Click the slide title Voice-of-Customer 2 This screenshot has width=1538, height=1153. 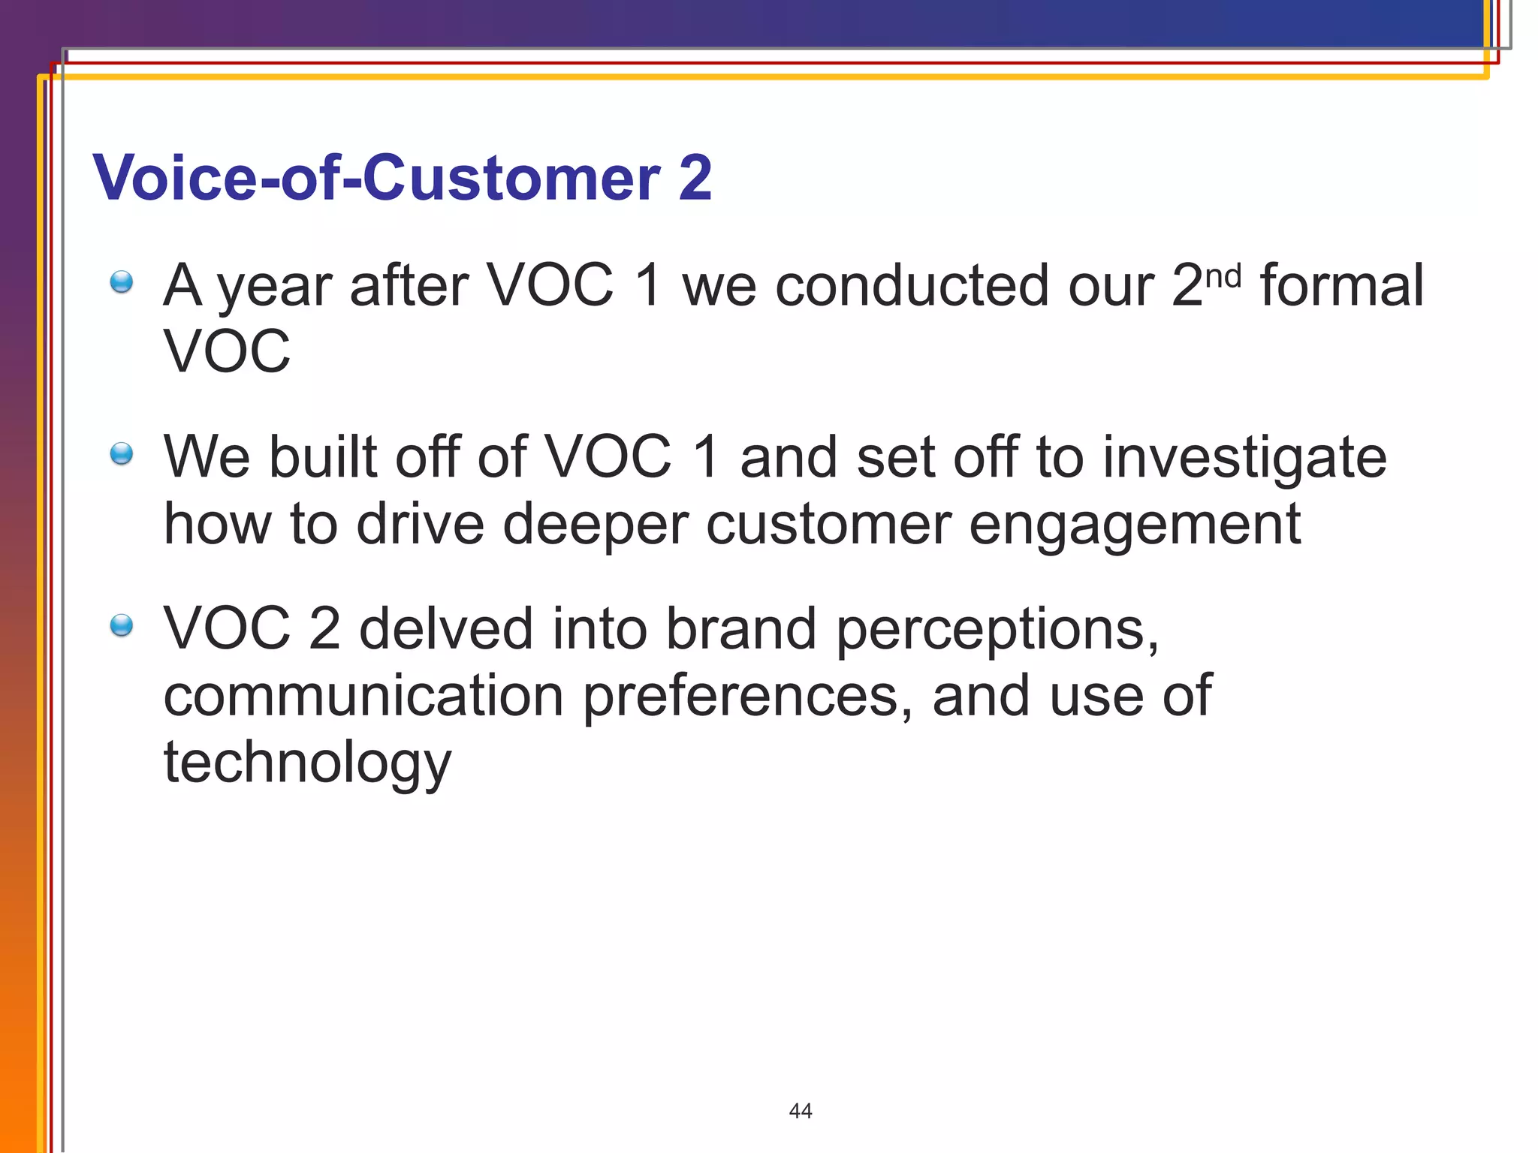[402, 178]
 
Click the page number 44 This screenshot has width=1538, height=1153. [801, 1110]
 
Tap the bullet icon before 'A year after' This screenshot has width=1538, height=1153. [121, 283]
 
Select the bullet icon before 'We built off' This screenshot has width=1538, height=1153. [121, 454]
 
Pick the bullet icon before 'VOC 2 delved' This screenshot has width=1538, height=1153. [121, 625]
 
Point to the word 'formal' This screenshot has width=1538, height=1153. [1341, 285]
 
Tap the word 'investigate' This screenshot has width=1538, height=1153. [1244, 458]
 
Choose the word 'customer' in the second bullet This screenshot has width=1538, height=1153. [828, 524]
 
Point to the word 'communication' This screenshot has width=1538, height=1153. [363, 694]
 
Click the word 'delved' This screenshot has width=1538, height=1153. [446, 628]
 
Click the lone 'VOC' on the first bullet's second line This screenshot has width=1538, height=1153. [227, 351]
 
